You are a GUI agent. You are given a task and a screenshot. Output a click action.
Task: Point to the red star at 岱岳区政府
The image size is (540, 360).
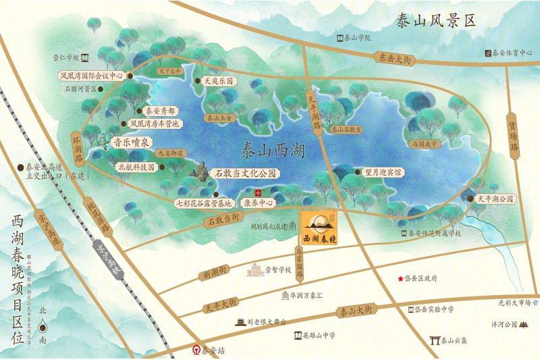point(400,278)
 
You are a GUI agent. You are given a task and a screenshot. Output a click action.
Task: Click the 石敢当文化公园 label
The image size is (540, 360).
point(244,174)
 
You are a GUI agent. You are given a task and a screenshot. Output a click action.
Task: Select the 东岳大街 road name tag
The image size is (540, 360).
point(394,59)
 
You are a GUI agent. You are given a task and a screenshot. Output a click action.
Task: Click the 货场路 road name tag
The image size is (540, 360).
point(513,136)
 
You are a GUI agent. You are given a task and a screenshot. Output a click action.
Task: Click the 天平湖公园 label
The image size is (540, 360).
point(496,199)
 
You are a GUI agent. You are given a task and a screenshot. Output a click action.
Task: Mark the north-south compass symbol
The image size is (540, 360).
point(43,326)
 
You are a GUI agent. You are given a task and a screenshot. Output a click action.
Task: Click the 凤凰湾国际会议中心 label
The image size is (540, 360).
point(90,76)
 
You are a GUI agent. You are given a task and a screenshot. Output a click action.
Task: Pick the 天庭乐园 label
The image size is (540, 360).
point(219,80)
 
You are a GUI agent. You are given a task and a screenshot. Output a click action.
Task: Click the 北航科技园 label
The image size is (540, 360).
point(136,166)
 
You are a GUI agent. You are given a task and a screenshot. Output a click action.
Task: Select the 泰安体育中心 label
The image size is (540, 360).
point(513,52)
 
